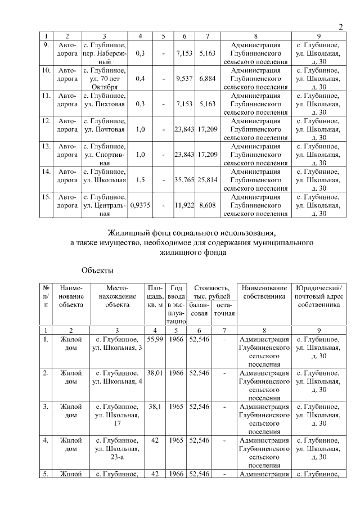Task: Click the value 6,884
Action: coord(208,79)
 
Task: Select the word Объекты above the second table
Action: coord(97,271)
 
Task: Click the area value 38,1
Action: coord(155,406)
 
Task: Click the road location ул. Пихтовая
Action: coord(105,104)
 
